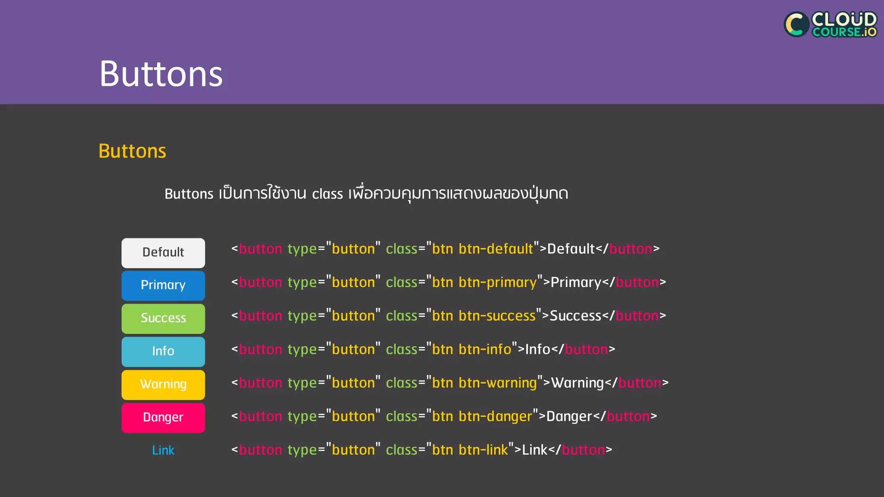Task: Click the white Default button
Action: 163,253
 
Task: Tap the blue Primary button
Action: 163,286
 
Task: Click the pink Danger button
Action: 163,418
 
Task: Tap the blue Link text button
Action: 163,450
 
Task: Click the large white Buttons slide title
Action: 161,74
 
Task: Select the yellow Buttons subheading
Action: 132,151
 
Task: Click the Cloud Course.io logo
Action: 830,25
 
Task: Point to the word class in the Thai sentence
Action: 327,194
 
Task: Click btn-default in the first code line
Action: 496,249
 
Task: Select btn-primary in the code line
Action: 498,283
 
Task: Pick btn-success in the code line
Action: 497,316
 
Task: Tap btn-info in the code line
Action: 485,349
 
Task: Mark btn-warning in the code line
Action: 498,383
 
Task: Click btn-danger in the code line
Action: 495,416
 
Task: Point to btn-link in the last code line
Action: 483,450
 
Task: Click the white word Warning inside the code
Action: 578,383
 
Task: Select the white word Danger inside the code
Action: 569,416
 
